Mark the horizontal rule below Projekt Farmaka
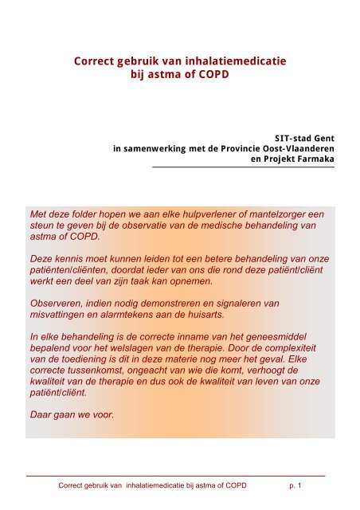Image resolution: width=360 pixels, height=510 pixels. [243, 167]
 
